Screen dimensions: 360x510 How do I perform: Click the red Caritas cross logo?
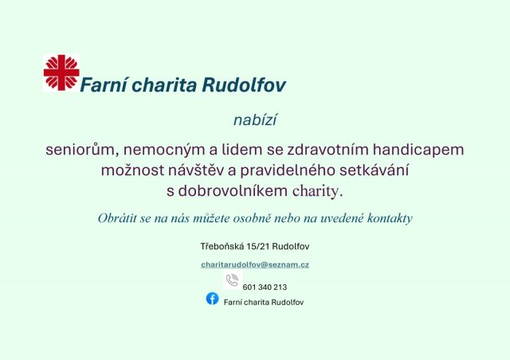tap(61, 72)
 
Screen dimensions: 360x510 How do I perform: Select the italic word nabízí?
tap(255, 120)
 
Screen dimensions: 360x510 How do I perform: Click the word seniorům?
tap(78, 149)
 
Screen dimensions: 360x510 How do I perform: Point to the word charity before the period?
tap(316, 191)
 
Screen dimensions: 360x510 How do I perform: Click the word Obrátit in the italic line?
tap(118, 217)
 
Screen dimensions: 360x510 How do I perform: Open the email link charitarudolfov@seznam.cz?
tap(255, 264)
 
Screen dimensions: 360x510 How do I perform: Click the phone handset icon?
tap(232, 280)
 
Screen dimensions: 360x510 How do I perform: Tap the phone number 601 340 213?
tap(265, 287)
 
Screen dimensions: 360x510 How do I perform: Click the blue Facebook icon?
tap(212, 299)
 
